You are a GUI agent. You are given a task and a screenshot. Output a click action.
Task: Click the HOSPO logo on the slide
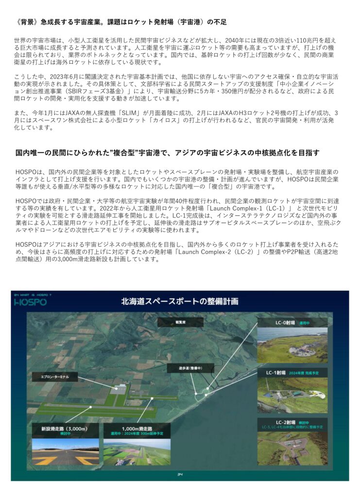[x=30, y=302]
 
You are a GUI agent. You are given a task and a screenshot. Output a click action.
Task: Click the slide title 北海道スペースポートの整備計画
[x=180, y=301]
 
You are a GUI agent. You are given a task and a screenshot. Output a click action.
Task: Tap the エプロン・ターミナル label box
[x=54, y=377]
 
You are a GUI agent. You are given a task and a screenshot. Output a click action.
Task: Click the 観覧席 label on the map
[x=182, y=321]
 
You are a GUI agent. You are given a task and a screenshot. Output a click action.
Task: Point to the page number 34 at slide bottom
[x=180, y=475]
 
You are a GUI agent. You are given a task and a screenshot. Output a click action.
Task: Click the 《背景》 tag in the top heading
[x=28, y=22]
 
